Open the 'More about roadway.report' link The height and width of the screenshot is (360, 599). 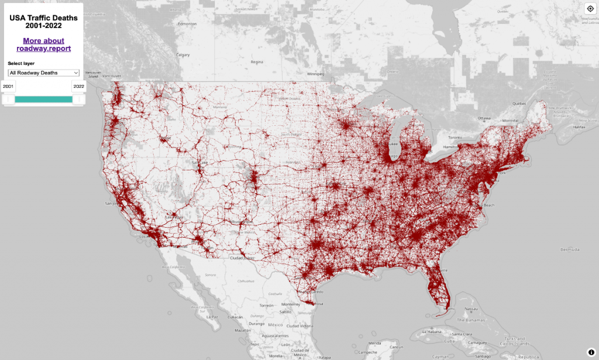tap(43, 44)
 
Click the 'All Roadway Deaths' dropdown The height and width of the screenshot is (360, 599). tap(44, 73)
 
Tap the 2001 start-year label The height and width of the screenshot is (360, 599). tap(8, 86)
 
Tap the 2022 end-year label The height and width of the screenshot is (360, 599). tap(79, 86)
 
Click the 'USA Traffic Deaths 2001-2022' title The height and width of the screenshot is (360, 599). tap(43, 22)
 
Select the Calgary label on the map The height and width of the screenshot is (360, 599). tap(184, 54)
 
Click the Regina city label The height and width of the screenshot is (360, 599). tap(257, 61)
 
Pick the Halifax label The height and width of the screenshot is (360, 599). tap(580, 127)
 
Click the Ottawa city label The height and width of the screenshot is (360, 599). tap(484, 118)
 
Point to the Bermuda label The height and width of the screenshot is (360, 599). tap(569, 249)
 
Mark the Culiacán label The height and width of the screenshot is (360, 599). tap(236, 317)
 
